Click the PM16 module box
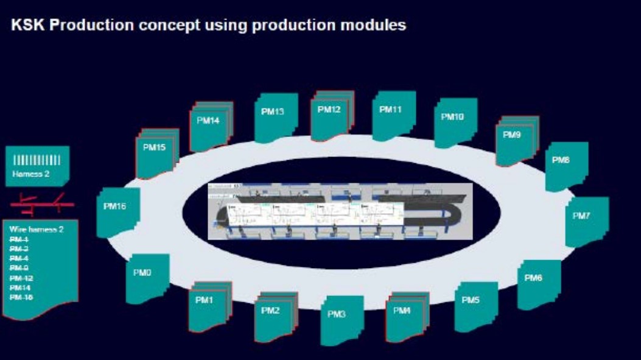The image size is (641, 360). click(x=118, y=211)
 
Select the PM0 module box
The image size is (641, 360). click(x=147, y=277)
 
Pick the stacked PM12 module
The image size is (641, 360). click(x=332, y=115)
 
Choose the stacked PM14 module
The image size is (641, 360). click(x=211, y=125)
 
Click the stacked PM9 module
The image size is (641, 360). click(x=516, y=140)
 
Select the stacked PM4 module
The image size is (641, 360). click(x=407, y=316)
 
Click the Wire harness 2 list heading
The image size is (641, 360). click(x=36, y=230)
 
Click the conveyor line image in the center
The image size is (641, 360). click(x=340, y=211)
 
